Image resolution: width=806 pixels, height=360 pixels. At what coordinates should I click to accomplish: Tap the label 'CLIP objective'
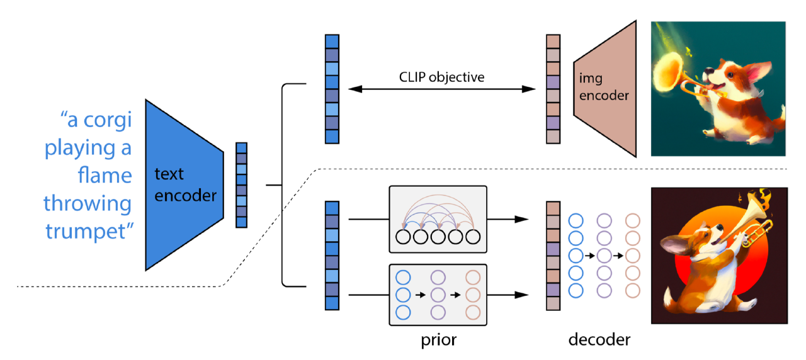tap(441, 77)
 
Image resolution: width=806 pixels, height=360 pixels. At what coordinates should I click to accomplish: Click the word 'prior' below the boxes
tap(438, 340)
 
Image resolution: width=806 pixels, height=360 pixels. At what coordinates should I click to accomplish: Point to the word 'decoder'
tap(599, 340)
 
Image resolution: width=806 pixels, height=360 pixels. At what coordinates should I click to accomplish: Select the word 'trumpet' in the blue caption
tap(88, 231)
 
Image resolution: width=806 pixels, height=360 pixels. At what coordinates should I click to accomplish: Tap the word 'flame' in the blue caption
tap(105, 176)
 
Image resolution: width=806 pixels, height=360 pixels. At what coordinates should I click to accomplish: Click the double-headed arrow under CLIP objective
tap(441, 90)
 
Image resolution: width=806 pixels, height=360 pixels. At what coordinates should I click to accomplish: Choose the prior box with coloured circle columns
tap(438, 295)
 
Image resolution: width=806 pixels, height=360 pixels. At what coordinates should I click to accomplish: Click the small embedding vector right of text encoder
tap(241, 185)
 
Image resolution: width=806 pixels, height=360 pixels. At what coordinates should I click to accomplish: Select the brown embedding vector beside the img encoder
tap(552, 89)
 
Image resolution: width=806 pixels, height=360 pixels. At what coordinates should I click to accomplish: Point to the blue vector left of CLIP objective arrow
tap(332, 89)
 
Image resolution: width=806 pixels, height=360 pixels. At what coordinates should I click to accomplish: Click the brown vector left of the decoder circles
tap(552, 256)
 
